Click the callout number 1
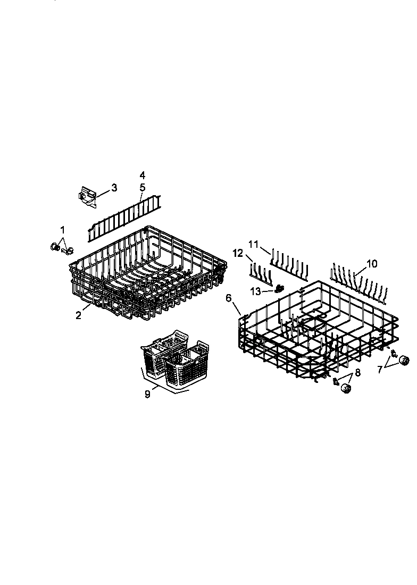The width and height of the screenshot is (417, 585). coord(63,230)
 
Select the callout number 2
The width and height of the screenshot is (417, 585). coord(78,315)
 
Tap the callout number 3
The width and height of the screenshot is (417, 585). coord(114,188)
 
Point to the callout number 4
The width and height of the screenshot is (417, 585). coord(142,175)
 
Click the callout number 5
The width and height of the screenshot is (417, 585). coord(142,187)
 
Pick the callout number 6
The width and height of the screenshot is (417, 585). coord(229,298)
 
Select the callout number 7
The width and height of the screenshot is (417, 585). coord(380,370)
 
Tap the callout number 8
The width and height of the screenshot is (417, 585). coord(357,373)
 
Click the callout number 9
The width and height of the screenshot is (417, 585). coord(148,394)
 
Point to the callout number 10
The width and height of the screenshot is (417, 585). coord(372,264)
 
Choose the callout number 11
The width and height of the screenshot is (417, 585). coord(254,244)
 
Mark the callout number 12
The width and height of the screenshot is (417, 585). coord(237,253)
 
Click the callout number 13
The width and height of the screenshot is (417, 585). coord(256,291)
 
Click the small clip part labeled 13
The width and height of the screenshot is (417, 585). coord(278,289)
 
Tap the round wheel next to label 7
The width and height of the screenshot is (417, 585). coord(404,361)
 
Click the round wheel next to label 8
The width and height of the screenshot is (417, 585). coord(347,389)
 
